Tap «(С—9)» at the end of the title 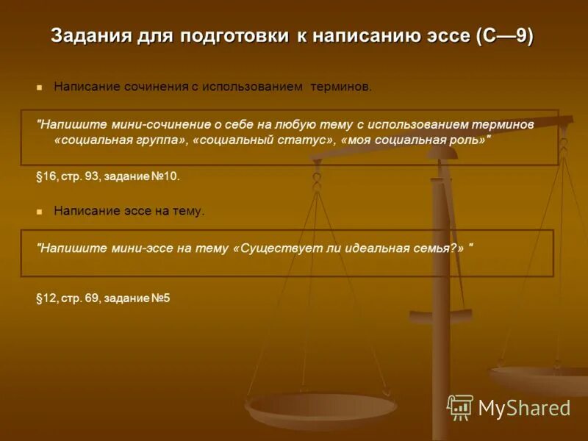[x=505, y=36]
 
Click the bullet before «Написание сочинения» [x=40, y=87]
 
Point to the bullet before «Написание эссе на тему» [x=40, y=212]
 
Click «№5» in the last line [x=161, y=298]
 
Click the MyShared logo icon [x=460, y=407]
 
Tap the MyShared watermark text [x=524, y=409]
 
